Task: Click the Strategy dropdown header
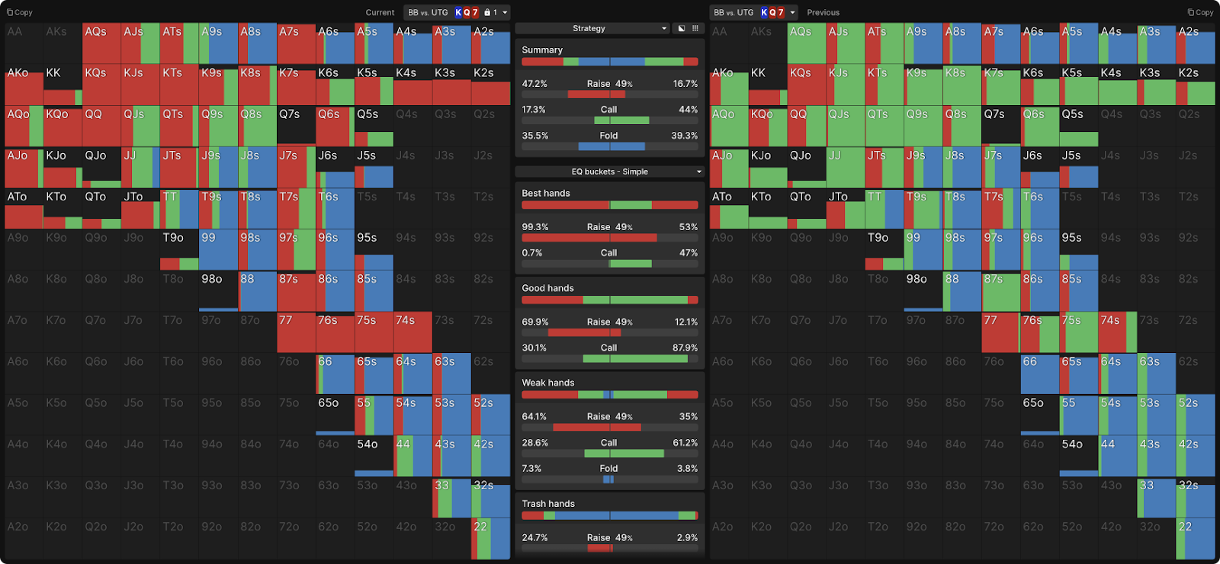coord(589,28)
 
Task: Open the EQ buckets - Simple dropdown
coord(609,171)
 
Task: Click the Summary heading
coord(542,50)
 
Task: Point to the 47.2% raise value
coord(535,84)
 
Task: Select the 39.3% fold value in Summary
coord(684,136)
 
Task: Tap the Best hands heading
coord(546,194)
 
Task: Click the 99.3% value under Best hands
coord(535,227)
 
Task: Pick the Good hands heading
coord(547,288)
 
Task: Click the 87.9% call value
coord(685,348)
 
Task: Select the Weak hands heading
coord(547,383)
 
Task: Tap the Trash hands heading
coord(548,504)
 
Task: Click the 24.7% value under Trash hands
coord(535,538)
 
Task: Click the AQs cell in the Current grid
coord(101,43)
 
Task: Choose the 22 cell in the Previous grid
coord(1195,539)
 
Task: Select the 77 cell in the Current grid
coord(296,332)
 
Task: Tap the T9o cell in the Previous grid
coord(884,250)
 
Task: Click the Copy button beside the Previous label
coord(1200,12)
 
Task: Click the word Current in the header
coord(380,12)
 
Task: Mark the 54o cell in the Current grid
coord(374,456)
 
